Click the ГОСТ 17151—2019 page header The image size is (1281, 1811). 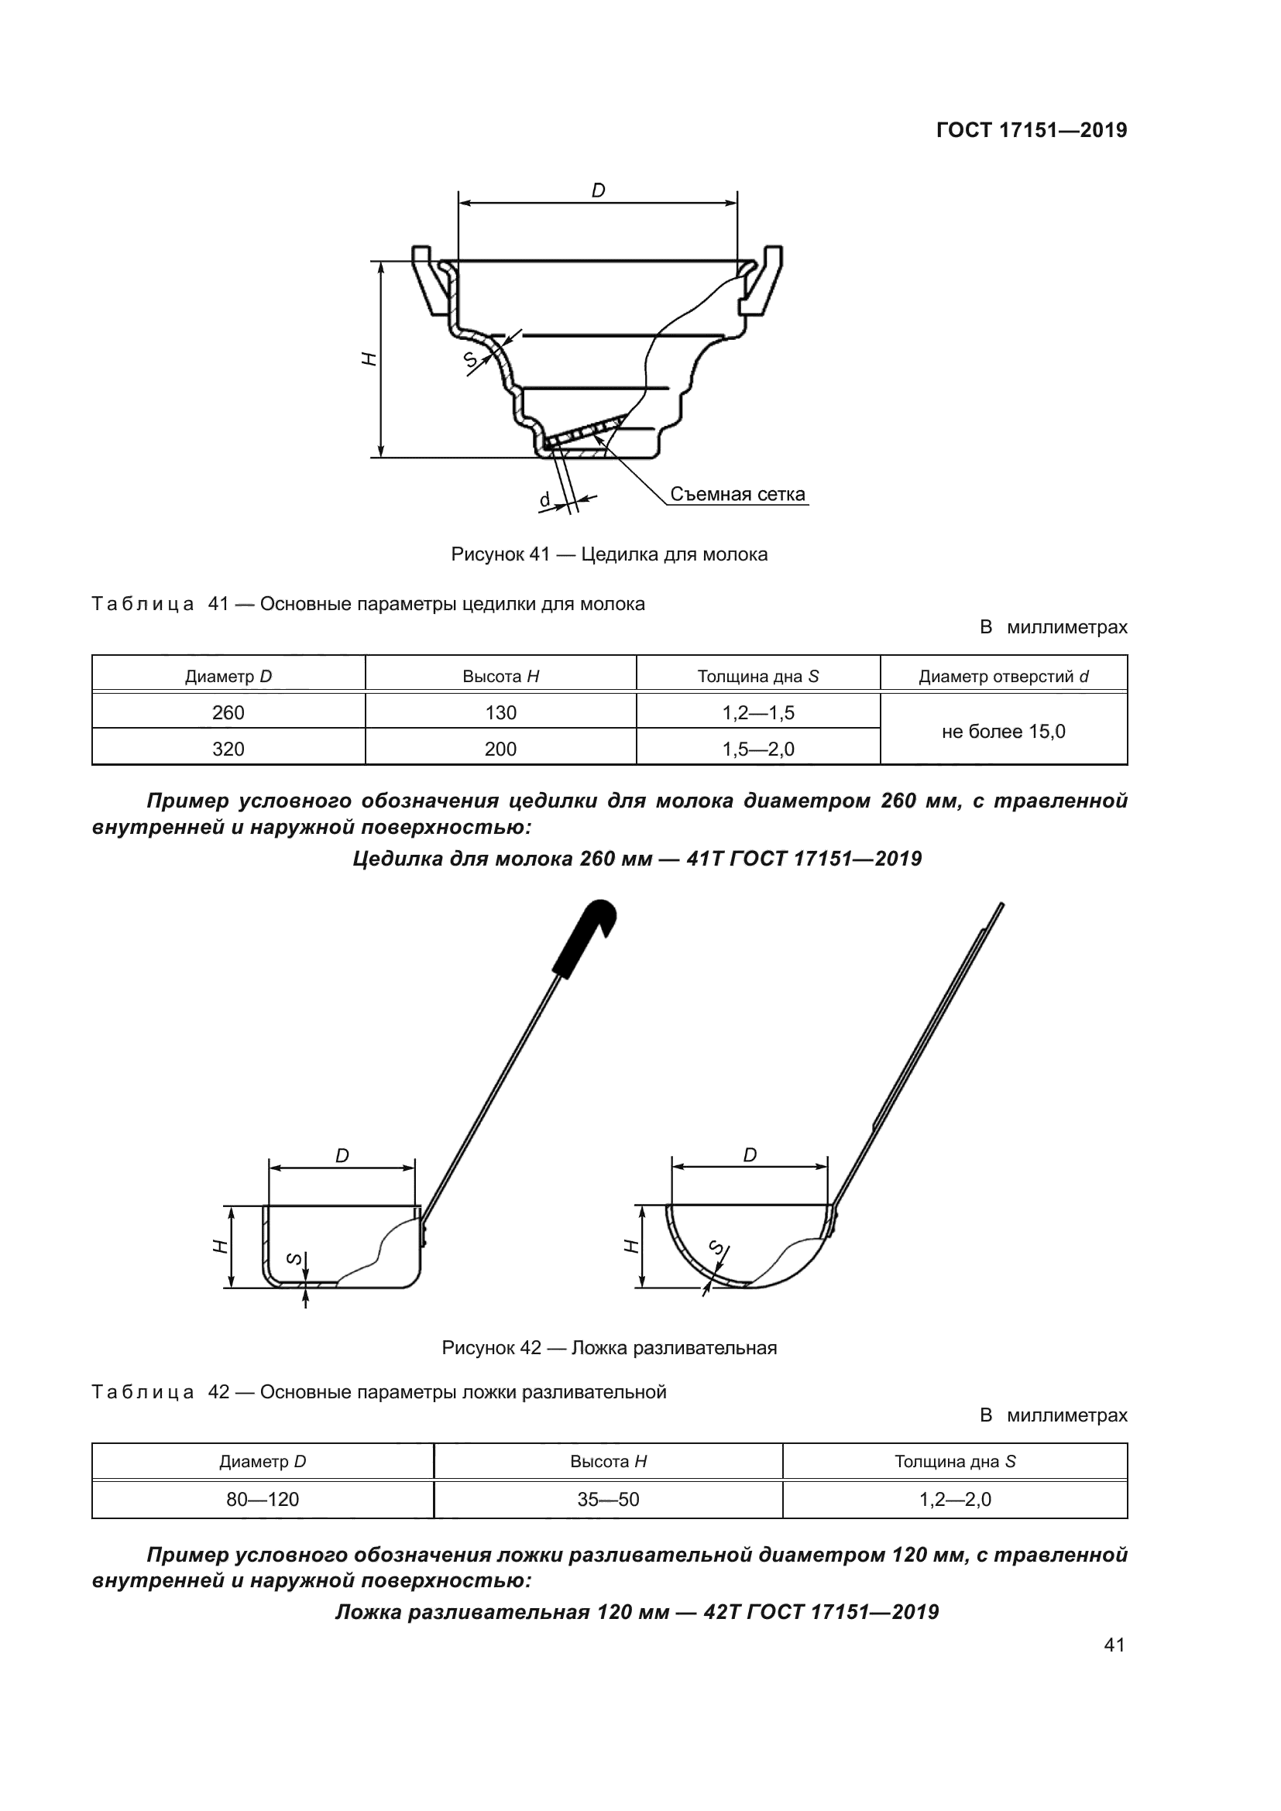tap(1031, 130)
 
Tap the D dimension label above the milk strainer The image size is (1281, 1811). tap(598, 190)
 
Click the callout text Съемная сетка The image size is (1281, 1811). tap(737, 495)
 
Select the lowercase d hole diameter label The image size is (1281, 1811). tap(544, 500)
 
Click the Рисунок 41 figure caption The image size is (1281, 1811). tap(609, 554)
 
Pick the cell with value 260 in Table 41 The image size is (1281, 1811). tap(228, 713)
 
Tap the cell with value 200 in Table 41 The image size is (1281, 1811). tap(500, 749)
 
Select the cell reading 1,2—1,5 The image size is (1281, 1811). tap(758, 713)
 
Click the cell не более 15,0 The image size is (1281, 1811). tap(1003, 731)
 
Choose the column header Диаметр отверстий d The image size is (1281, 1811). tap(1003, 677)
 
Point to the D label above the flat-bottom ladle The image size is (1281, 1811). tap(342, 1156)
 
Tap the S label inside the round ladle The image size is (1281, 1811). tap(717, 1247)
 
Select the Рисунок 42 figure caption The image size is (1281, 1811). tap(609, 1348)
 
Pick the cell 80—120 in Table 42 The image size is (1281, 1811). tap(263, 1500)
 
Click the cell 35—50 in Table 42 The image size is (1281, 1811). tap(608, 1500)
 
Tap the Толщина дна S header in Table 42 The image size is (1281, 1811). tap(954, 1462)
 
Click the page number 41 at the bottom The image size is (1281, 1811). tap(1114, 1645)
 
